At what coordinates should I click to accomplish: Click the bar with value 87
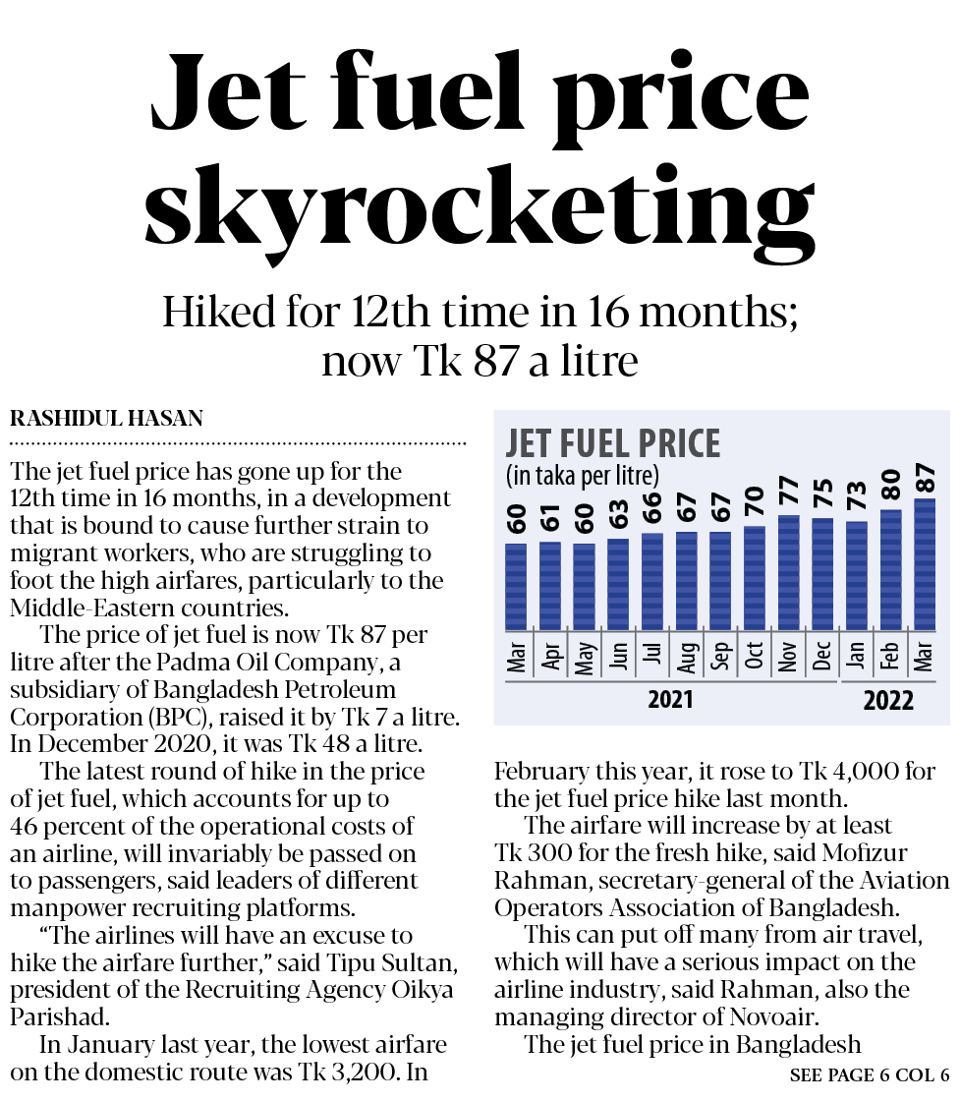[925, 565]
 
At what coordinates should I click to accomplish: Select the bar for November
[788, 573]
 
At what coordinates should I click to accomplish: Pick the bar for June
[618, 585]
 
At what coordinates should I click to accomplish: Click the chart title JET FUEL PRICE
[612, 443]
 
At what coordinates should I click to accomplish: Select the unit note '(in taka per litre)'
[582, 477]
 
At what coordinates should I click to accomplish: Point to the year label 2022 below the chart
[888, 701]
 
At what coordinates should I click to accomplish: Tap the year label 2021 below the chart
[670, 701]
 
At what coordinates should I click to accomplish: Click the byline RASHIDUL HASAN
[106, 419]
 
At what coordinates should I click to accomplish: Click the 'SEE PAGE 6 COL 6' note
[869, 1075]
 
